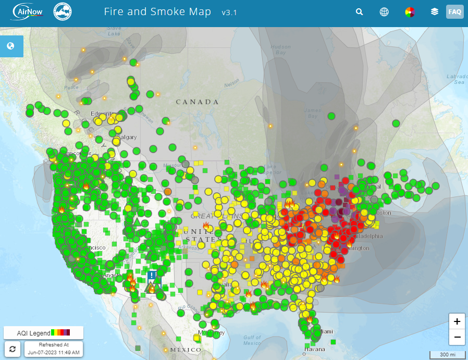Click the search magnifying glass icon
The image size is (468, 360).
pos(359,12)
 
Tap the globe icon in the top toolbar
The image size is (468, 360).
pos(384,12)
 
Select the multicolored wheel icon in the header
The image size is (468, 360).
pos(410,12)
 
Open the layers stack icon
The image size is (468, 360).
pos(435,12)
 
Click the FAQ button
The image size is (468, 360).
pos(454,12)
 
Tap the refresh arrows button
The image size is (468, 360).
pos(12,349)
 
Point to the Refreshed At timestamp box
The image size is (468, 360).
pos(54,349)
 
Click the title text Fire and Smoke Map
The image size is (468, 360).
pos(157,12)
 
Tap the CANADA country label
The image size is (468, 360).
pos(197,102)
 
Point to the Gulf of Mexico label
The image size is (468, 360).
pos(252,340)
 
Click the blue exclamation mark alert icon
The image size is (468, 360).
pos(152,276)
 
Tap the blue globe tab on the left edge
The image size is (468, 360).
pos(11,46)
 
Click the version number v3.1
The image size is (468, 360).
pos(229,13)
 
